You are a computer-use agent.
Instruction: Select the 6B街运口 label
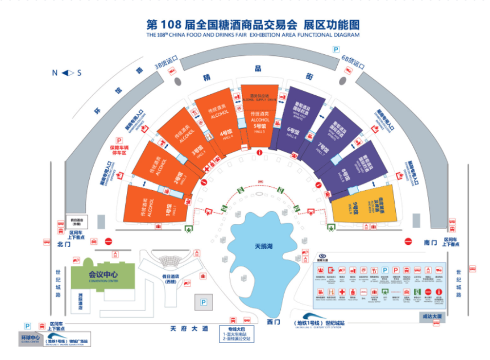pos(354,60)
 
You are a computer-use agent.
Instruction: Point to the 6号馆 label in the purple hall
pos(292,131)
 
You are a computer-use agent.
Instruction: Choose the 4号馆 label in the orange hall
pos(222,135)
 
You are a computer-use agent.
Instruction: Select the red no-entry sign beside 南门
pos(408,242)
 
